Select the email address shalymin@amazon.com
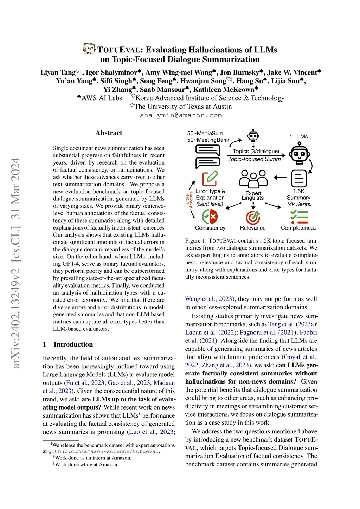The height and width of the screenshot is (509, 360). tap(181, 115)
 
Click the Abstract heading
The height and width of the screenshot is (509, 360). tap(109, 133)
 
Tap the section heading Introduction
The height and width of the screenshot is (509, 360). tap(73, 344)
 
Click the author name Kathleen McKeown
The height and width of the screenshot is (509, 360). tap(224, 89)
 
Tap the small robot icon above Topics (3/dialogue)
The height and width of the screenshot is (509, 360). tap(253, 136)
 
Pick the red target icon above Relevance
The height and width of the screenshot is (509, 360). tap(253, 217)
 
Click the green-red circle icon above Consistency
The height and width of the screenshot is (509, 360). tap(210, 217)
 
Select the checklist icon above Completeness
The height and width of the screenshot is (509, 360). tap(299, 217)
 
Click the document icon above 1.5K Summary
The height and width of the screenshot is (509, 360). tap(299, 178)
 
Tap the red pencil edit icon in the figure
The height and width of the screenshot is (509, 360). tap(210, 178)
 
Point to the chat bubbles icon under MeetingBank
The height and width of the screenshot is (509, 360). tap(207, 156)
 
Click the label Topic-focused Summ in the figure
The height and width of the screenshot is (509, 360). tap(255, 159)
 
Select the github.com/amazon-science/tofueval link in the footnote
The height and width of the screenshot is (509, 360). tap(103, 451)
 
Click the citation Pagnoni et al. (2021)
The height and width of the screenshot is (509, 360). tap(267, 332)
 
